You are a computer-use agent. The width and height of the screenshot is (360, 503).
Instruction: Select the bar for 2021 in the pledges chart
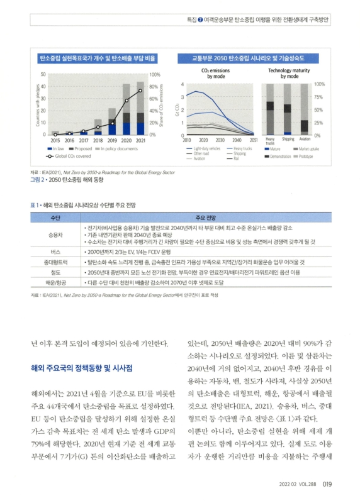[x=140, y=110]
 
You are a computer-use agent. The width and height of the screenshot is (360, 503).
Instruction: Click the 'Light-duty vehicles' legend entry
[x=207, y=148]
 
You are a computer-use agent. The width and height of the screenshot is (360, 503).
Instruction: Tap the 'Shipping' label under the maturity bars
[x=288, y=139]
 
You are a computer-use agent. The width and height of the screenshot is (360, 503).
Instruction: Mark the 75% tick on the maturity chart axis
[x=318, y=97]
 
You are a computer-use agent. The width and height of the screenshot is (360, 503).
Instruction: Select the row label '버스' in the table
[x=55, y=250]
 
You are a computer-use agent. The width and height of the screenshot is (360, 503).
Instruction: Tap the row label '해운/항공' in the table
[x=55, y=282]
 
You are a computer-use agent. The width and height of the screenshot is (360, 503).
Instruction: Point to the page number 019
[x=328, y=484]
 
